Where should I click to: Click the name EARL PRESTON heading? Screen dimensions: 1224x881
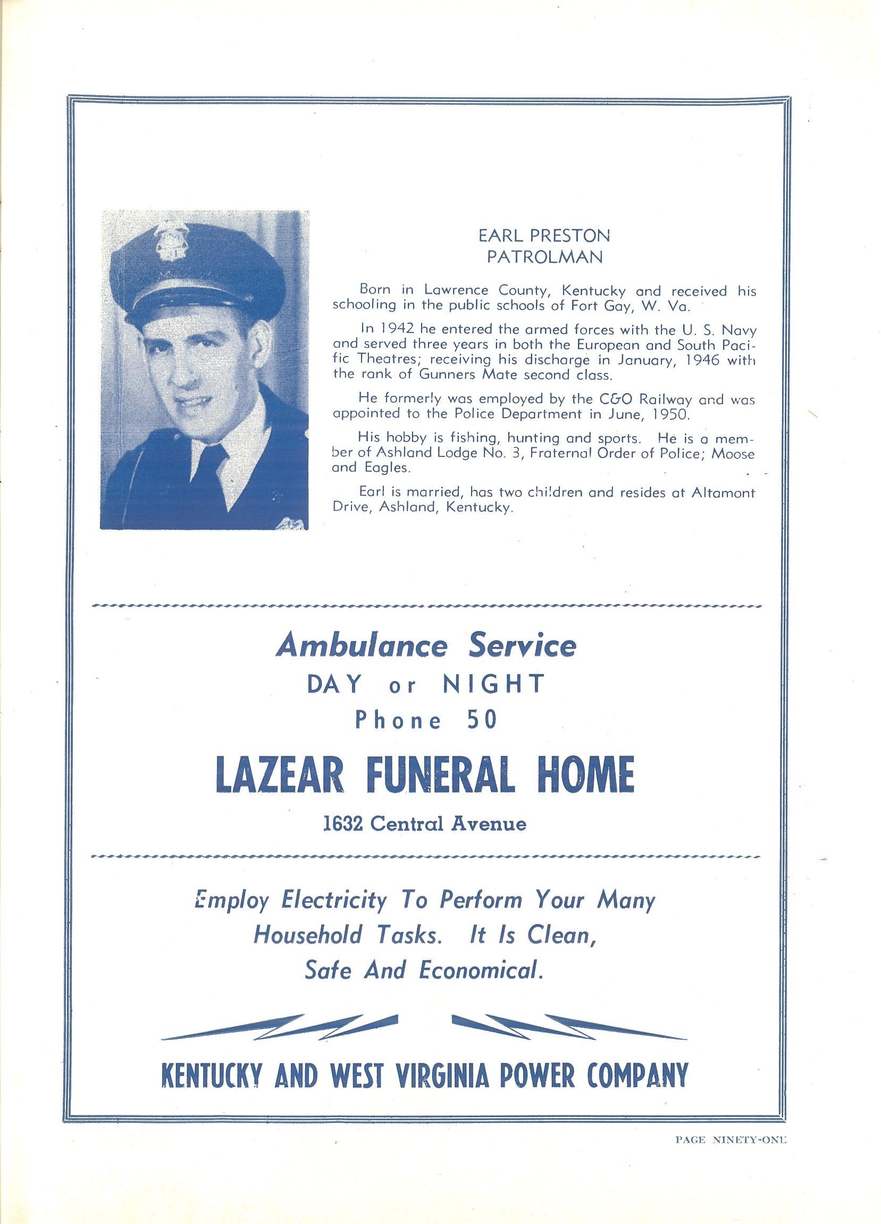[544, 236]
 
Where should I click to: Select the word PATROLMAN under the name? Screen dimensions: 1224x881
[544, 258]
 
